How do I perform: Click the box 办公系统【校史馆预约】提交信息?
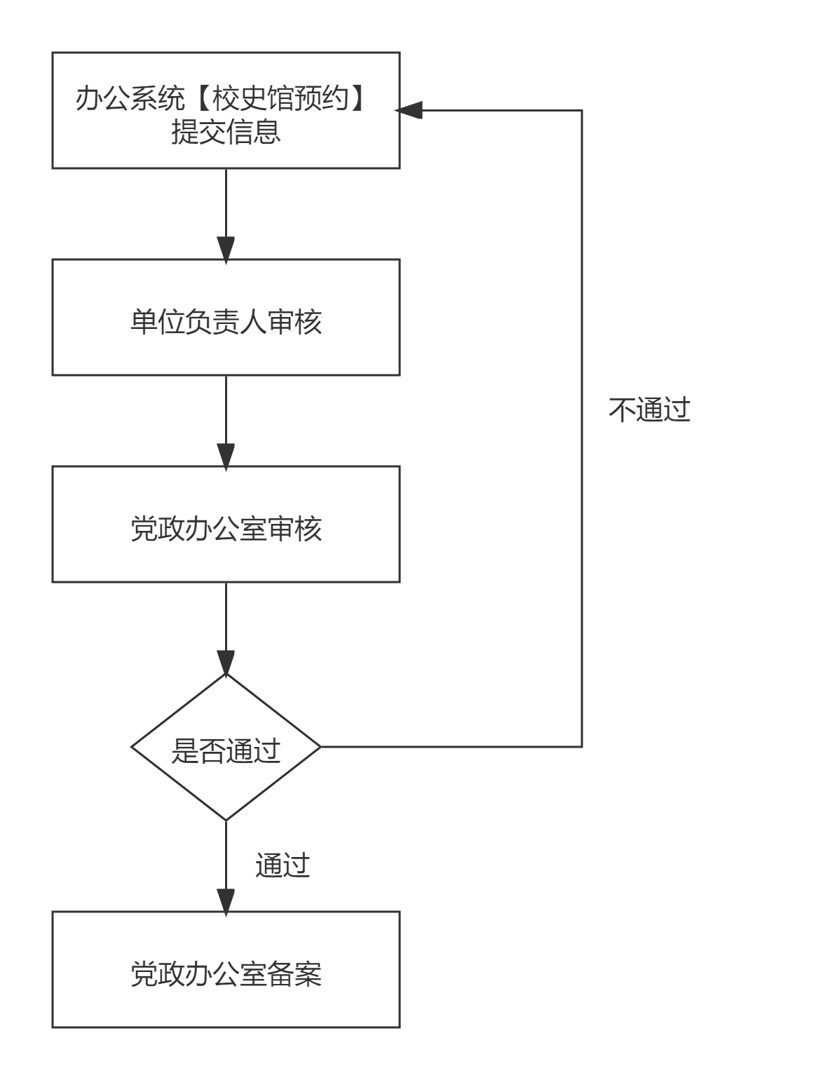(226, 111)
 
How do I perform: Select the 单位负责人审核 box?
(226, 318)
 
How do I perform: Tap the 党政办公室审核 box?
(226, 524)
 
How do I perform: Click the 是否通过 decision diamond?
(226, 748)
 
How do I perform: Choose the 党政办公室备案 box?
(226, 970)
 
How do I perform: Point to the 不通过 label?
(649, 410)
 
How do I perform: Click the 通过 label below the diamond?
(283, 866)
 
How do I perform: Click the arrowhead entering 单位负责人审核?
(226, 249)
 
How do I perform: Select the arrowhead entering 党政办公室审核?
(226, 455)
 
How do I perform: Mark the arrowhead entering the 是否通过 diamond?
(226, 663)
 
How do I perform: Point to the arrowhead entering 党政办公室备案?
(226, 901)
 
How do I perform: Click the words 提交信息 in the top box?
(226, 132)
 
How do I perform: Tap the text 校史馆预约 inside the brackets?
(280, 99)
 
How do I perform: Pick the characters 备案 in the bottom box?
(294, 975)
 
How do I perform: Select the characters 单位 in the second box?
(158, 323)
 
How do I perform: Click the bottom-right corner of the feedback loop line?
(582, 747)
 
